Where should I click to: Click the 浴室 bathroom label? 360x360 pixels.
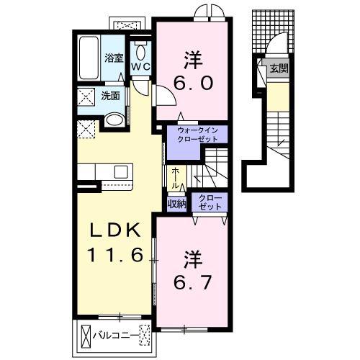(x=114, y=58)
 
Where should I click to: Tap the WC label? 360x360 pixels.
(x=140, y=67)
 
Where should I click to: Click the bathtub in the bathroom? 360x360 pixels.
(x=89, y=58)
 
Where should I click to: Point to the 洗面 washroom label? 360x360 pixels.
(x=110, y=96)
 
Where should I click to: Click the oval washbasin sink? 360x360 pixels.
(x=114, y=120)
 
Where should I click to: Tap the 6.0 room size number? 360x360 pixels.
(x=193, y=84)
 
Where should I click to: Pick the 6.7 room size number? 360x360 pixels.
(x=193, y=282)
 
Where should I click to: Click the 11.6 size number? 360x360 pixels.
(x=115, y=255)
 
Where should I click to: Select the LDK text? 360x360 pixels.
(x=115, y=230)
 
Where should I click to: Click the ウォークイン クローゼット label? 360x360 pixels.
(x=197, y=135)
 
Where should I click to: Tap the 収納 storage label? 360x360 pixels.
(x=177, y=204)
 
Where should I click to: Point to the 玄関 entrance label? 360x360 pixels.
(x=279, y=68)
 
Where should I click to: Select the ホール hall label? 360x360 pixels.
(x=176, y=179)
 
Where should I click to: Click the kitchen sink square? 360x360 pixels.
(x=121, y=172)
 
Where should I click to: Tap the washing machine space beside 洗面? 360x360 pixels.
(x=86, y=96)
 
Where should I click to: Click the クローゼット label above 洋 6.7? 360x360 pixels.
(x=210, y=202)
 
